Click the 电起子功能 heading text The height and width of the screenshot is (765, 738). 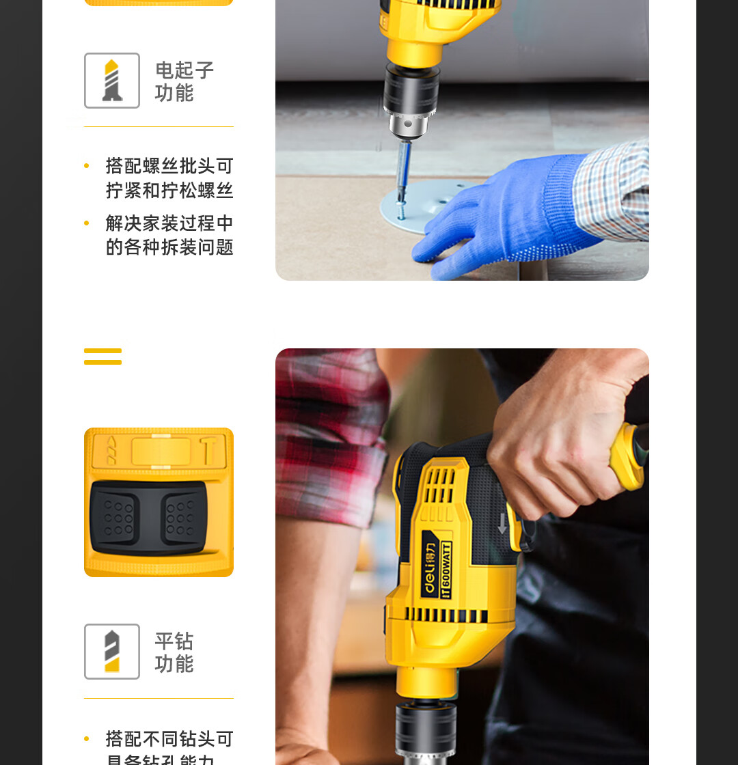click(184, 81)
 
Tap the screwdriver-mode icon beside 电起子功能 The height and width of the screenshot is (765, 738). click(112, 81)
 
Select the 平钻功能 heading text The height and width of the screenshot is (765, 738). click(174, 652)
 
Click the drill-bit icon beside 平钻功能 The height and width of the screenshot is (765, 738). click(112, 652)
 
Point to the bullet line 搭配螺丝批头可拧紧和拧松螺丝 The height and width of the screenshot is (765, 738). click(169, 178)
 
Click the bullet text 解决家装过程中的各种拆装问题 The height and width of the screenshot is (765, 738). click(169, 236)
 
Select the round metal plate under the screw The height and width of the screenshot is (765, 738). click(410, 208)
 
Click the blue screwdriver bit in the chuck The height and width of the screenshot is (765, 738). click(405, 164)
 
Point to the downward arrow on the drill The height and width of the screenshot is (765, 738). click(502, 524)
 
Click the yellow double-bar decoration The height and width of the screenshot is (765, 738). click(102, 357)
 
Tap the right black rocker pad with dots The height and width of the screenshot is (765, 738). click(181, 517)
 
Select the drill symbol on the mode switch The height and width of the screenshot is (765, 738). click(111, 451)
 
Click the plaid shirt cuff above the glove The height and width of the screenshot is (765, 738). click(612, 191)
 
